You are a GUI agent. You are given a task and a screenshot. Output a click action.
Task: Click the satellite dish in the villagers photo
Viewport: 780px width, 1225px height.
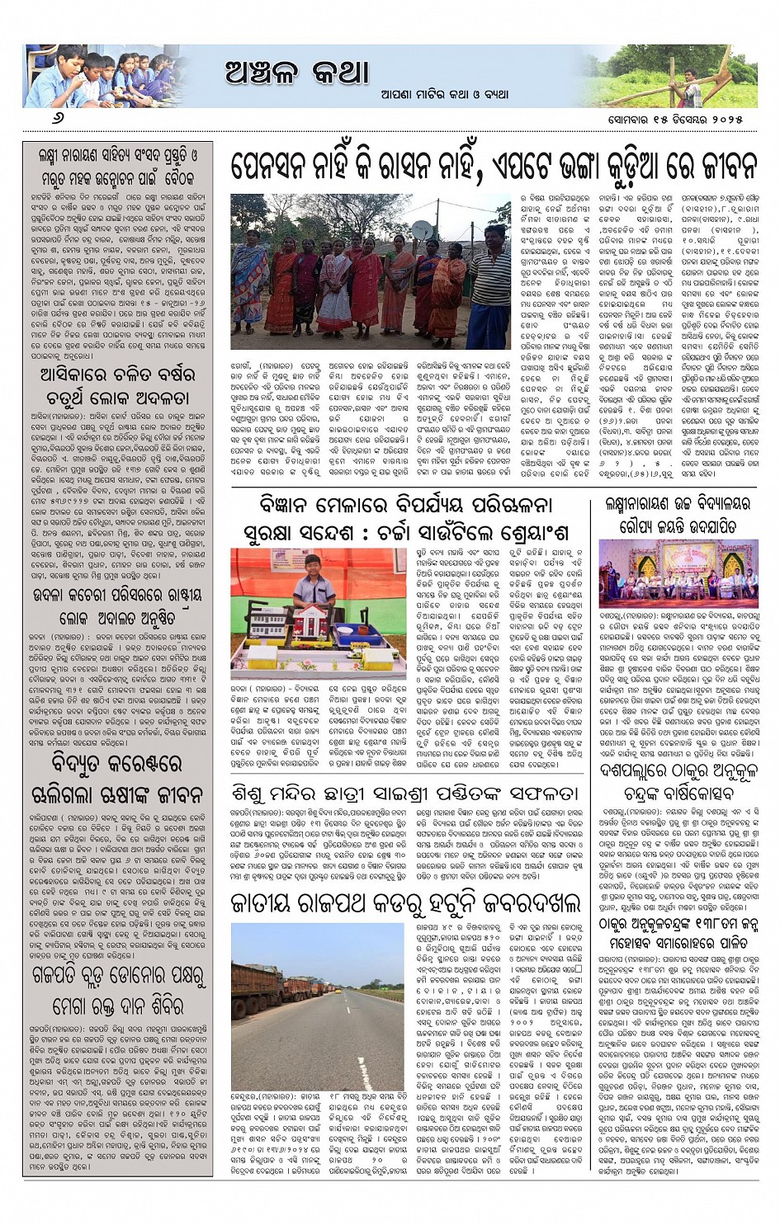(x=420, y=230)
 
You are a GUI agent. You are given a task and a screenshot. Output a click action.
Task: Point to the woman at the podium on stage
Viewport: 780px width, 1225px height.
(x=634, y=572)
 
